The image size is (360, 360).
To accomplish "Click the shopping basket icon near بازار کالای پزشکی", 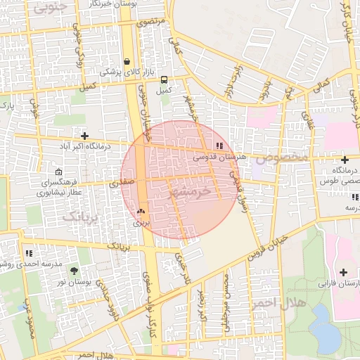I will point(127,61).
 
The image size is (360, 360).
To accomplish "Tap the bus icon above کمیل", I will point(164,79).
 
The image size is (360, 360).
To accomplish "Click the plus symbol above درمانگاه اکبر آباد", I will point(85,136).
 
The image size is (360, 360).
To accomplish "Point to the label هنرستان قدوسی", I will point(224,157).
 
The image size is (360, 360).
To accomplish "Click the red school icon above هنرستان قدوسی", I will point(220,146).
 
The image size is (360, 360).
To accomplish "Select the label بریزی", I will point(142,222).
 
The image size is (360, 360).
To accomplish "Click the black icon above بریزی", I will point(141,211).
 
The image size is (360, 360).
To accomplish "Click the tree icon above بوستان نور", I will point(75,271).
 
